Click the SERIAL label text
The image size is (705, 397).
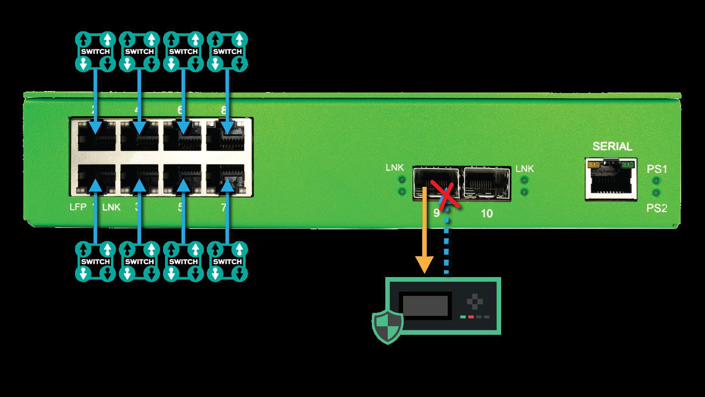612,147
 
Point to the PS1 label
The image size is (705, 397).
657,169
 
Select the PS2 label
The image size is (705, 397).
657,208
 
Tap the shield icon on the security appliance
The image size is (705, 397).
387,326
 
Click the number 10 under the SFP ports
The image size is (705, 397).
487,214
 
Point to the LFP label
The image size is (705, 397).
78,207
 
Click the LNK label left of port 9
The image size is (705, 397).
395,169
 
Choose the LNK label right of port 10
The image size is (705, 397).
525,169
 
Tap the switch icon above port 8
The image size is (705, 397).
228,51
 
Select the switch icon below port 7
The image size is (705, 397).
228,261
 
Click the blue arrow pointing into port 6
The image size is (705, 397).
183,99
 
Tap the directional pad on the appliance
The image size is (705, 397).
475,301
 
